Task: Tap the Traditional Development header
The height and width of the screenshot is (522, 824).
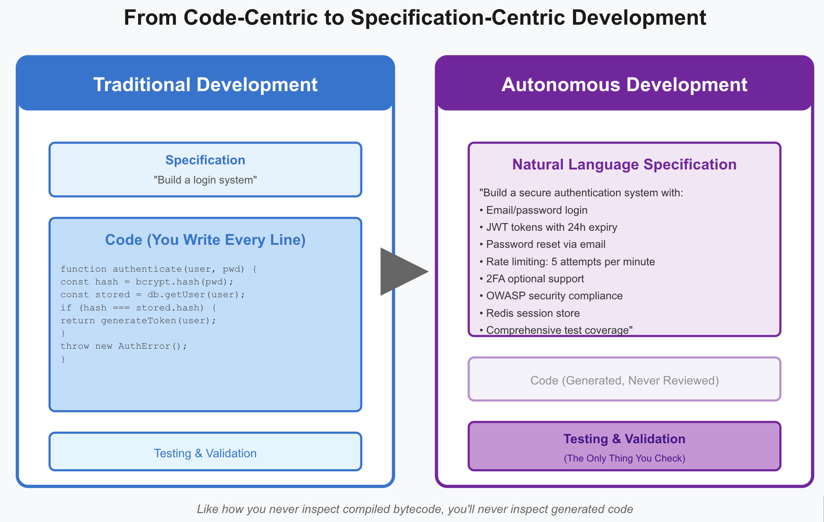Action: [205, 84]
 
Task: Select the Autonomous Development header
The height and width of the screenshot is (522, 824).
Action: [624, 84]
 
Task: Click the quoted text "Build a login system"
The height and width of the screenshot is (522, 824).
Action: [205, 180]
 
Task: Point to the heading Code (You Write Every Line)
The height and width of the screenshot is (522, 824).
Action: [205, 240]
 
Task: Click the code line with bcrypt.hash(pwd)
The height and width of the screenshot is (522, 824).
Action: [147, 282]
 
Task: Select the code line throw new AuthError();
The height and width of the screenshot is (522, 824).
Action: [124, 346]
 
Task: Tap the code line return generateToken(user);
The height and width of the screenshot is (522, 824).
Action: [138, 321]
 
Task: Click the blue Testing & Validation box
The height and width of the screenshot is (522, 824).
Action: [205, 453]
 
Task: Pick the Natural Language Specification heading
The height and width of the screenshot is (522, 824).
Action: [624, 164]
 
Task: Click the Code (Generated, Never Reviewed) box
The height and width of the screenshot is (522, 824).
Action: [624, 380]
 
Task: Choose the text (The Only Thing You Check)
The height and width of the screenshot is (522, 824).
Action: [624, 459]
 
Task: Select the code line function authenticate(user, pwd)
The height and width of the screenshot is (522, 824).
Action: [158, 269]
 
